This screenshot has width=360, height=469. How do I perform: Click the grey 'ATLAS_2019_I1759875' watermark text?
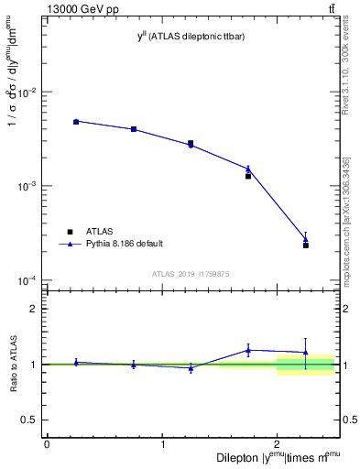[x=191, y=273]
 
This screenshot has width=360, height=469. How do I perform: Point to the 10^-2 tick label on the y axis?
[x=28, y=93]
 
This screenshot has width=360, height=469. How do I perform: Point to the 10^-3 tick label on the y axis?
[x=28, y=186]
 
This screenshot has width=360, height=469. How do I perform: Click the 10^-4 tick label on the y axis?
[x=28, y=279]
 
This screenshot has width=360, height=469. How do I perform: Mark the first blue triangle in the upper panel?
[x=76, y=121]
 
